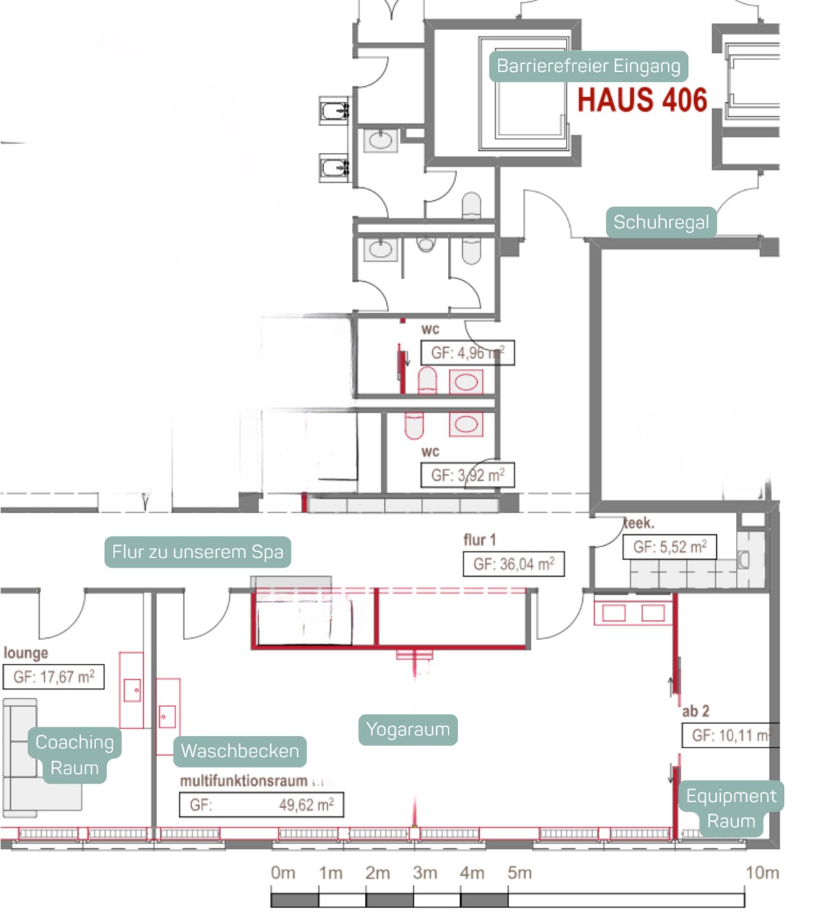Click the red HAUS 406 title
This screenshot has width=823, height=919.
(642, 100)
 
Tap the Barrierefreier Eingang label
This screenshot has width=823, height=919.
(588, 66)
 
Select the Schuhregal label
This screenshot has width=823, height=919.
(661, 222)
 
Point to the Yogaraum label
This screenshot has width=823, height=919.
(408, 729)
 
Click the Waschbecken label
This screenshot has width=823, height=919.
(239, 751)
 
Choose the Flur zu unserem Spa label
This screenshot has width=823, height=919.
(198, 552)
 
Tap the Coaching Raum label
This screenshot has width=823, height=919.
(75, 754)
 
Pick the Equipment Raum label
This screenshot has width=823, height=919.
(731, 808)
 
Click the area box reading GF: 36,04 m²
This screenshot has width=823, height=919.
(514, 564)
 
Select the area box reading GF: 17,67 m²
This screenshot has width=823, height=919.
(53, 677)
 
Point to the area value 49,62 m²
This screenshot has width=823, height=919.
(306, 804)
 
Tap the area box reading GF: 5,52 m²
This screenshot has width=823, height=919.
(669, 547)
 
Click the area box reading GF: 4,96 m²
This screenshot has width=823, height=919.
(467, 353)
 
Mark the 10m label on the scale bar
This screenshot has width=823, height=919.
(762, 873)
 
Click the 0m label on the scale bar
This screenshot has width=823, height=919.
(283, 873)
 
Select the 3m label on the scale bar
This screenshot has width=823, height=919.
(425, 873)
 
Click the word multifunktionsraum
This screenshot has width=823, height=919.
(243, 781)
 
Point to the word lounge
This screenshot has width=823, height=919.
(26, 653)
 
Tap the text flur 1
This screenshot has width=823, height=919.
(479, 540)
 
